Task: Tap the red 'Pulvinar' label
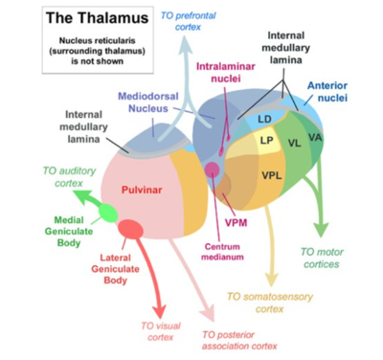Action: point(145,191)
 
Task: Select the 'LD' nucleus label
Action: point(266,119)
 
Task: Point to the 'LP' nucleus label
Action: point(267,141)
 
